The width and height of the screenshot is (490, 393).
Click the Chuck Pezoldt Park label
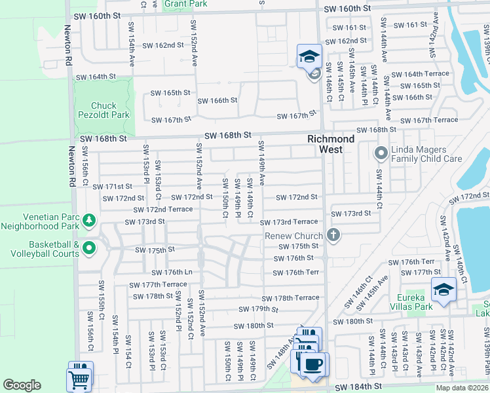(104, 111)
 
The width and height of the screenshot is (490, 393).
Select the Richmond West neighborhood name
(331, 144)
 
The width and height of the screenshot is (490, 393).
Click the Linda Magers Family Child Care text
(426, 154)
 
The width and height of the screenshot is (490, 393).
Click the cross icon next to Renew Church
(333, 235)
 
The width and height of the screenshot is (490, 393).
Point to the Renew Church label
(293, 236)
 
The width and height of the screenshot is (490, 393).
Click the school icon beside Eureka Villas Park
(443, 291)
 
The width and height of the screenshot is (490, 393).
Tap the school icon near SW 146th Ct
(309, 57)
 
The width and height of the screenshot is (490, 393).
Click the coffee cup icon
(314, 364)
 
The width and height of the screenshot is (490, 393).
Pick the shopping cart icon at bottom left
(79, 378)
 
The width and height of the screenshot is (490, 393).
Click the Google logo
(22, 384)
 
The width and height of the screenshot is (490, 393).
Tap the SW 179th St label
(259, 309)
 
